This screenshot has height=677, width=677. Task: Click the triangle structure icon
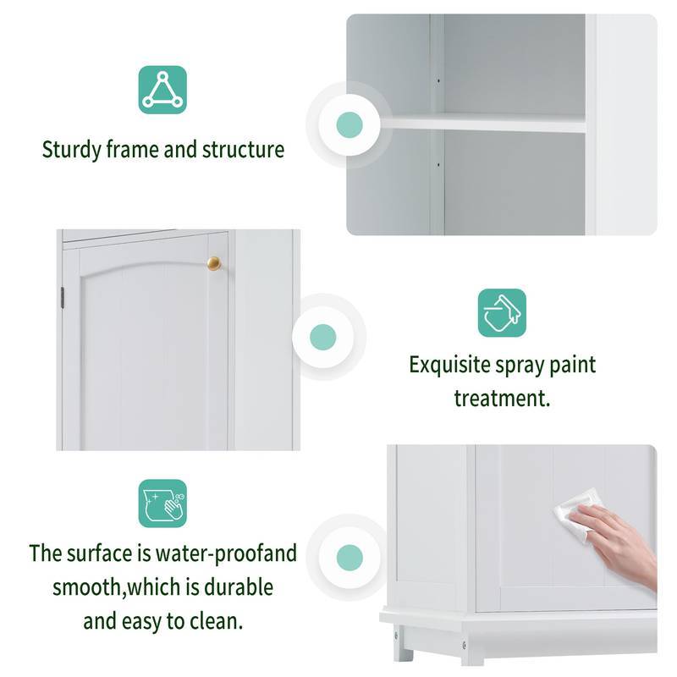[x=162, y=90]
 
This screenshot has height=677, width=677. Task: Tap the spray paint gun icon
[x=502, y=312]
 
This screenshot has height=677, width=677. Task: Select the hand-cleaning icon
[x=162, y=504]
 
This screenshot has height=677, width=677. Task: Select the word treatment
[x=502, y=398]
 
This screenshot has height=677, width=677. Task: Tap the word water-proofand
[x=230, y=553]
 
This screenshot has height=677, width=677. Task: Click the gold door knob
[x=214, y=263]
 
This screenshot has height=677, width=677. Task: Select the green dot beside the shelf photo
[x=349, y=125]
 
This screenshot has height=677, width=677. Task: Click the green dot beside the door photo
[x=323, y=337]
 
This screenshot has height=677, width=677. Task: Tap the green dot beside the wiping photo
[x=349, y=557]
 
